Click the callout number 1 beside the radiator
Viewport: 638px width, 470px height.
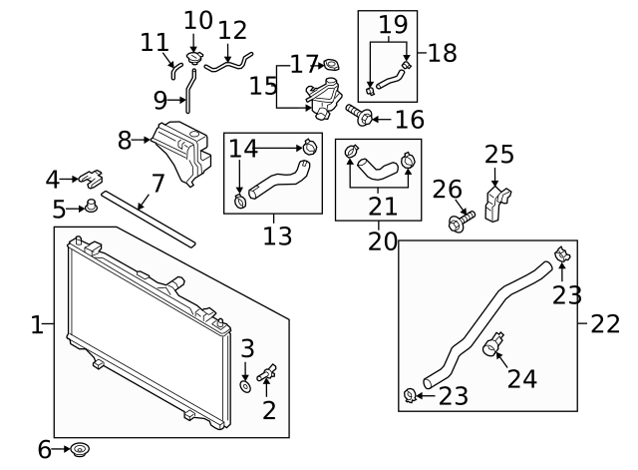click(36, 324)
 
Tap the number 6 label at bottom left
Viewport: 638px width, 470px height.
click(44, 450)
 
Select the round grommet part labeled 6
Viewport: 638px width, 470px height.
click(80, 450)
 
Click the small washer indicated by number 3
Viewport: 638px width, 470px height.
click(245, 383)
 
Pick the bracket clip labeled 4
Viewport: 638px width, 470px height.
click(91, 179)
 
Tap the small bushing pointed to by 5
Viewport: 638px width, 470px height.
click(92, 208)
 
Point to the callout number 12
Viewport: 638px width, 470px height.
click(231, 30)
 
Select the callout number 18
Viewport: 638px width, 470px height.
click(441, 53)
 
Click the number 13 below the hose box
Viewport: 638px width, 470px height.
click(277, 236)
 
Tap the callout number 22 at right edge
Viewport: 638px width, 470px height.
click(604, 323)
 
